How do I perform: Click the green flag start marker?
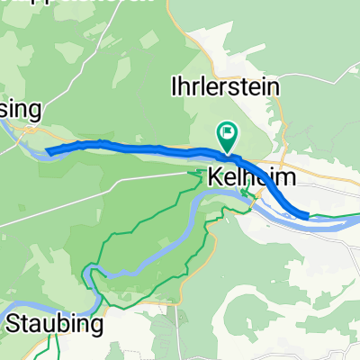(228, 138)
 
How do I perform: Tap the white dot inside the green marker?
(228, 134)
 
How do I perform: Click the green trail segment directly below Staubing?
(56, 346)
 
